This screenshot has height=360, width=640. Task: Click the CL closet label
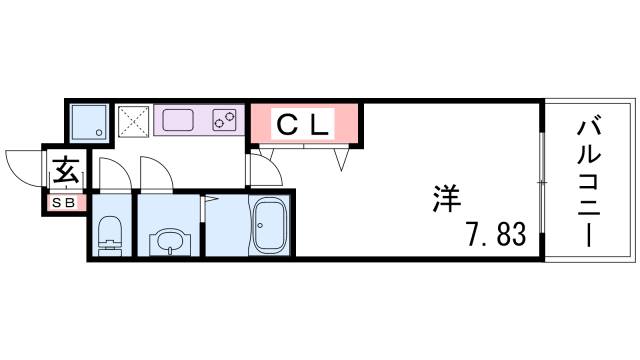[303, 125]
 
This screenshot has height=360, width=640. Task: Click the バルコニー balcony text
[589, 181]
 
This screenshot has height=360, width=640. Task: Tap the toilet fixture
[109, 232]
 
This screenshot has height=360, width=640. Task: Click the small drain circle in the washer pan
[98, 131]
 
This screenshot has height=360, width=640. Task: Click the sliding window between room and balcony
[540, 181]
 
